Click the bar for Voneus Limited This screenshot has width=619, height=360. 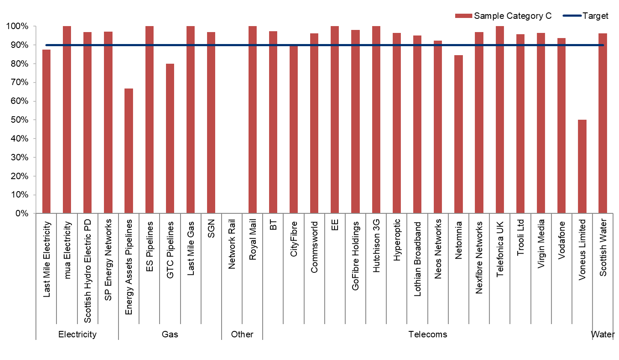(582, 167)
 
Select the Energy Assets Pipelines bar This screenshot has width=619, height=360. (129, 151)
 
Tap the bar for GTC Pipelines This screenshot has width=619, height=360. (170, 139)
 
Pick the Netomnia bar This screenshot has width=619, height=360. (458, 134)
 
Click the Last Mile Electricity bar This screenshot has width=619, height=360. (46, 132)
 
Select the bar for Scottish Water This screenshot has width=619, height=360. (602, 123)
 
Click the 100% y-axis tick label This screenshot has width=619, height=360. (17, 27)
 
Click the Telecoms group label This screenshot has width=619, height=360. (427, 334)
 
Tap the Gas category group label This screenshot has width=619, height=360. (170, 334)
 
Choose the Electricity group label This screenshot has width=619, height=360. (77, 334)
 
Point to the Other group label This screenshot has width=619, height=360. (242, 334)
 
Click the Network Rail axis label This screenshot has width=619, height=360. (232, 244)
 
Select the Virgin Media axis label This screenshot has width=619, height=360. (541, 244)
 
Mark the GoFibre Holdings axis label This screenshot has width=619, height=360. (355, 256)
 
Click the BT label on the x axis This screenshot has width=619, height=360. (273, 225)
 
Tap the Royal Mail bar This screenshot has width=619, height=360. (252, 120)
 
